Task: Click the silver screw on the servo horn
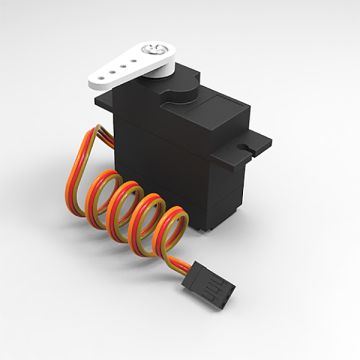coord(158,48)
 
